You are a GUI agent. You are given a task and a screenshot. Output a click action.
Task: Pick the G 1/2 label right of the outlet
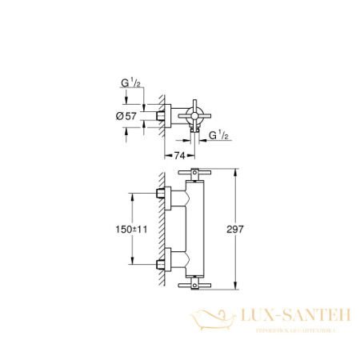pos(219,135)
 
